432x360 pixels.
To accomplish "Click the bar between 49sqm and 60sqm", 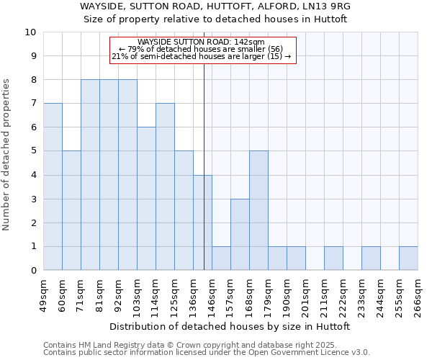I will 53,186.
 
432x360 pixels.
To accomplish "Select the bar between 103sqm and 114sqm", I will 146,199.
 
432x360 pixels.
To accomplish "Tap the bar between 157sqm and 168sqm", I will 240,235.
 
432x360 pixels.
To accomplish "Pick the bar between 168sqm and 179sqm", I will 258,210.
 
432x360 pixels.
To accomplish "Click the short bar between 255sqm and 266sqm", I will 408,258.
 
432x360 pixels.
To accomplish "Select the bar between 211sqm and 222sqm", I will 333,258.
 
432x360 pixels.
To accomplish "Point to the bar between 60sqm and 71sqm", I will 71,210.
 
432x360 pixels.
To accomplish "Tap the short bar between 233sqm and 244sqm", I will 371,258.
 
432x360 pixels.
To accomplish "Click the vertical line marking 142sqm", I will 204,166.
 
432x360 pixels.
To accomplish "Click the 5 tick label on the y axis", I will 32,151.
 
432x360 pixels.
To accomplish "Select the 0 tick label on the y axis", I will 32,271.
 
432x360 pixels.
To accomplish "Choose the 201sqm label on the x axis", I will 305,293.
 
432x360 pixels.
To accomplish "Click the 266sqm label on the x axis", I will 418,293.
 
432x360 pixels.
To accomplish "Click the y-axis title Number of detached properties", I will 7,155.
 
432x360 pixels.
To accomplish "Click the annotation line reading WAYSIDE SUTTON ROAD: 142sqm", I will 202,42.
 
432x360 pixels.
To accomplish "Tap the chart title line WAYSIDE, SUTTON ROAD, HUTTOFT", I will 215,6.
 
